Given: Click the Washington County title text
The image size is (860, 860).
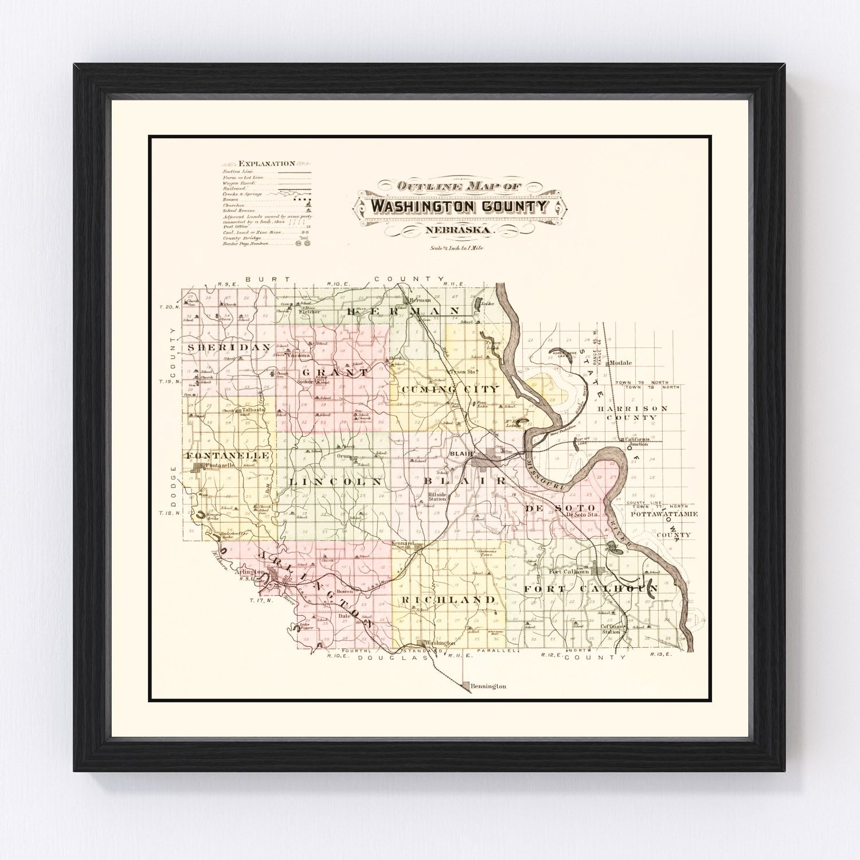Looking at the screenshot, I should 460,206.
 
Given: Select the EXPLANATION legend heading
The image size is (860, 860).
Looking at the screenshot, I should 267,164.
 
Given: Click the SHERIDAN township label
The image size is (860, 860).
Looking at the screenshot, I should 220,347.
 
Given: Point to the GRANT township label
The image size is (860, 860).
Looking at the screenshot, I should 333,373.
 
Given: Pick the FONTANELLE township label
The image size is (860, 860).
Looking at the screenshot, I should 227,455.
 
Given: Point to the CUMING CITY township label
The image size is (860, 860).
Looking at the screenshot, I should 450,389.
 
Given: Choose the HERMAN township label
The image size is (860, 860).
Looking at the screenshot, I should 404,310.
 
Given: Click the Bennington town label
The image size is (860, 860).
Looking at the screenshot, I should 487,686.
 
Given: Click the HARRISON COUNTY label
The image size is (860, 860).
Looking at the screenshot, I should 632,413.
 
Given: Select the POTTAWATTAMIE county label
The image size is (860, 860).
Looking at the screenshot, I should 663,514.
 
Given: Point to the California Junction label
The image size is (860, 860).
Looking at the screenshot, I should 637,441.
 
